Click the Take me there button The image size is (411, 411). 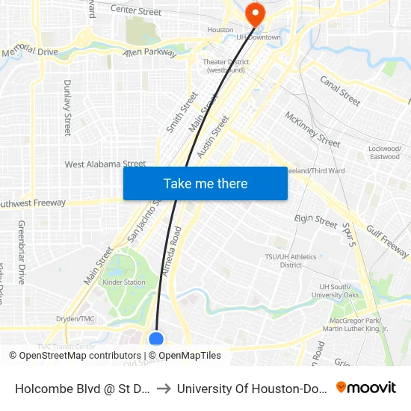click(205, 183)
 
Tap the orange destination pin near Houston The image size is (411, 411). click(255, 13)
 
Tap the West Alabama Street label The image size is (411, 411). click(105, 164)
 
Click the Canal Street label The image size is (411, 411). click(340, 90)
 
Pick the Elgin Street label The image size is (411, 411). click(315, 221)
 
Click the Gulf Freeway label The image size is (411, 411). click(387, 241)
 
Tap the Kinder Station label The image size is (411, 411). click(124, 282)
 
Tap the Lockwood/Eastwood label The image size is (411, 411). click(385, 152)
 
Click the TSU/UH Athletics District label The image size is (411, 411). click(291, 261)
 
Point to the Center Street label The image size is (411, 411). click(135, 11)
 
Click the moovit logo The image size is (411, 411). click(365, 387)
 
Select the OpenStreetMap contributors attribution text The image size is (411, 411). click(80, 356)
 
